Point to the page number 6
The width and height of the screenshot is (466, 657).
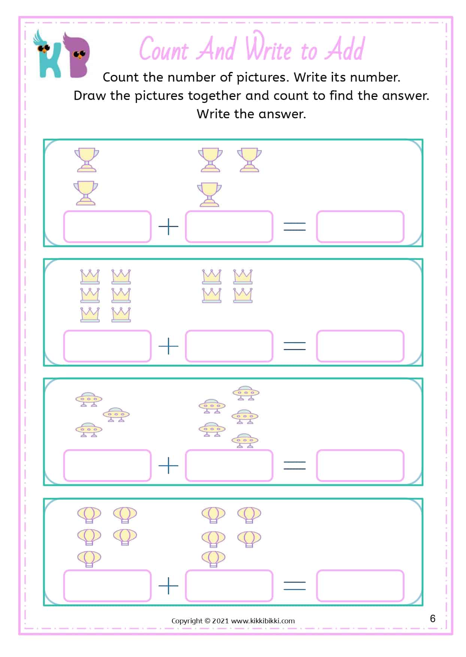(433, 618)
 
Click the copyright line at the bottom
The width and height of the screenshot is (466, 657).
(233, 621)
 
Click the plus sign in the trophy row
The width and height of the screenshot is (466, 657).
(169, 227)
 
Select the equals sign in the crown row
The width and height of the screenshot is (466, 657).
(295, 346)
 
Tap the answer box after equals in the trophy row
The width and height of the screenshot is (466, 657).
(360, 227)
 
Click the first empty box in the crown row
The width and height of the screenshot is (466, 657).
(107, 346)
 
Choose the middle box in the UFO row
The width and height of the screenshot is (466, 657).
(229, 466)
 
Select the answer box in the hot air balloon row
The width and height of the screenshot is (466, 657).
(360, 585)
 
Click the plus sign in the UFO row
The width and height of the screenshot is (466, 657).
(169, 466)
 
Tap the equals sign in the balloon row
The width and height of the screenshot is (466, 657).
(295, 585)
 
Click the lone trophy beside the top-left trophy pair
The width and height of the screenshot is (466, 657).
(249, 160)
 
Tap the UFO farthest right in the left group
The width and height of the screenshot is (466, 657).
(116, 414)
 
